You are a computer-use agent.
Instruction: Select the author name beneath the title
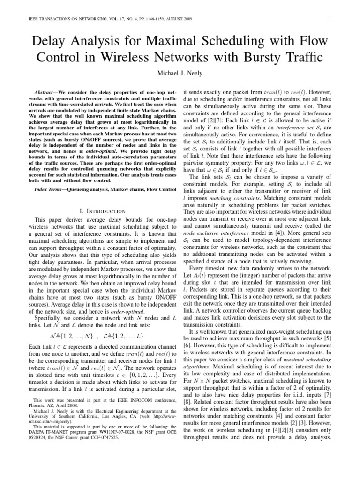(x=180, y=75)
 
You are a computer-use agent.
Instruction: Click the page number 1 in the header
(x=330, y=19)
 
